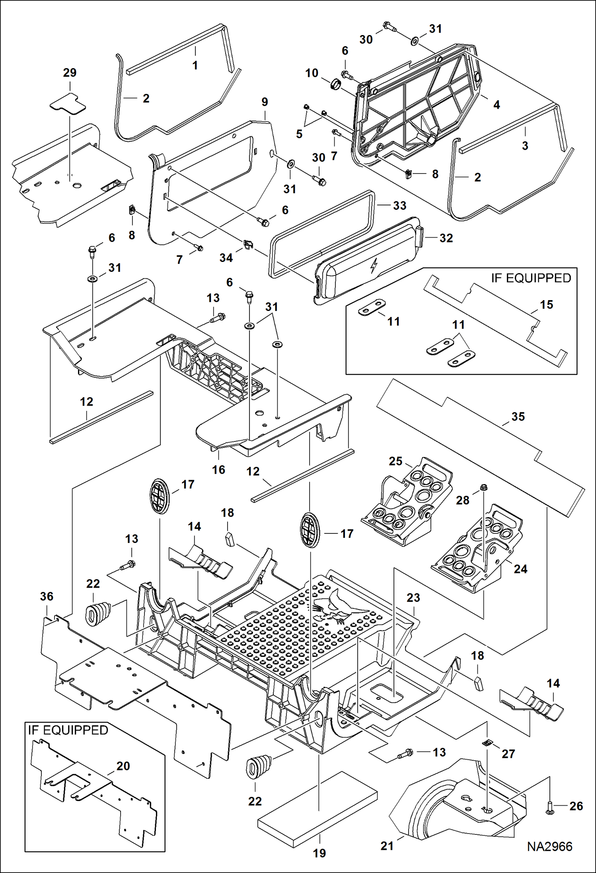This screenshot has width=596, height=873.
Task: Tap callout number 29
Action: (70, 73)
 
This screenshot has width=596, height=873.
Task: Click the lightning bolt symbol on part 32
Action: (373, 266)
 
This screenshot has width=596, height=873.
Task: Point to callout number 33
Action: (399, 205)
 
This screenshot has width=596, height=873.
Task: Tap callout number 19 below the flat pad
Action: (319, 853)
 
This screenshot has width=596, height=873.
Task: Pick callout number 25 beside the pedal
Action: (395, 461)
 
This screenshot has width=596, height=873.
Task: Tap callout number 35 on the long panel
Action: (518, 417)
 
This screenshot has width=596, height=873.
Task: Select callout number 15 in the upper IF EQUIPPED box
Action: (546, 305)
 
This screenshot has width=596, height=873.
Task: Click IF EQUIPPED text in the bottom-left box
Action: (68, 730)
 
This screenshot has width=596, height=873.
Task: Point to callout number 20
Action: (123, 766)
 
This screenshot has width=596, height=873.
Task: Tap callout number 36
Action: (47, 596)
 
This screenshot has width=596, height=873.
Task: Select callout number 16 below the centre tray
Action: (218, 470)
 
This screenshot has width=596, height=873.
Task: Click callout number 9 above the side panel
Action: (265, 102)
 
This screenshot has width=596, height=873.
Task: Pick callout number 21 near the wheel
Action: (387, 846)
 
